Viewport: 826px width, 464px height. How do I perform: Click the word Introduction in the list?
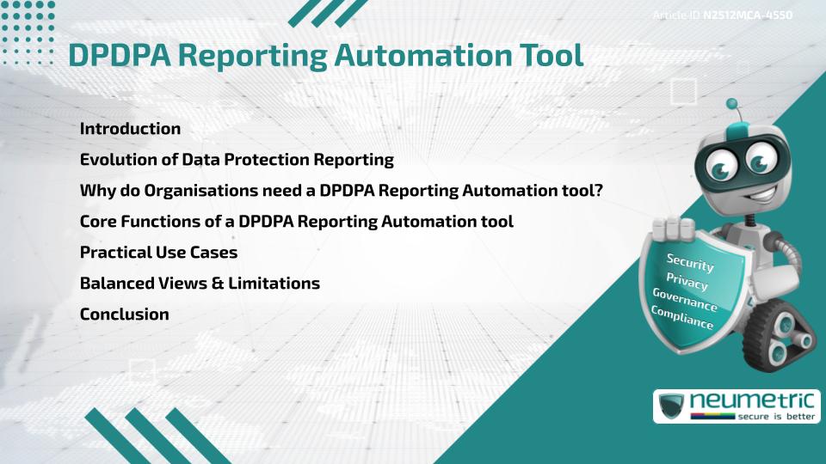pyautogui.click(x=130, y=129)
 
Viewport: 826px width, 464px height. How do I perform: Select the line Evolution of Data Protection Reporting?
pyautogui.click(x=237, y=160)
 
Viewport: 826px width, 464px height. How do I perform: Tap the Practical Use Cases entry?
pyautogui.click(x=158, y=253)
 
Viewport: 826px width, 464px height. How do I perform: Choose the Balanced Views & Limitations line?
pyautogui.click(x=200, y=284)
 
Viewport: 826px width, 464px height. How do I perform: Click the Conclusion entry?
pyautogui.click(x=124, y=314)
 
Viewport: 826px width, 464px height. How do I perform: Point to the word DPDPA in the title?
pyautogui.click(x=123, y=55)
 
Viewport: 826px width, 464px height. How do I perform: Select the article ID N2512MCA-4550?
pyautogui.click(x=747, y=15)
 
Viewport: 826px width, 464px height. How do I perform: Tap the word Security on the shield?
pyautogui.click(x=690, y=262)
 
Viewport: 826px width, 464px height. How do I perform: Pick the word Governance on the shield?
pyautogui.click(x=684, y=300)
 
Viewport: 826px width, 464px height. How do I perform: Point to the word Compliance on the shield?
pyautogui.click(x=682, y=318)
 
